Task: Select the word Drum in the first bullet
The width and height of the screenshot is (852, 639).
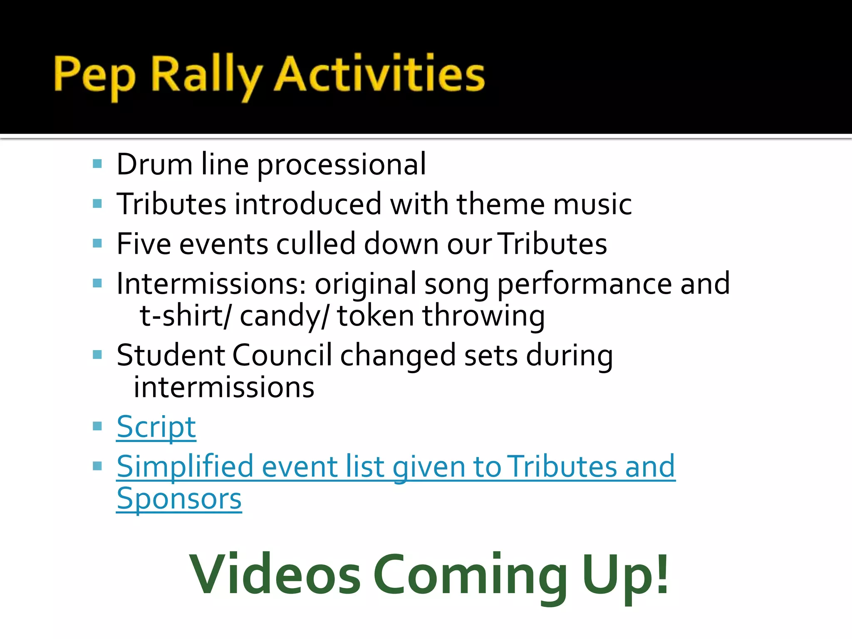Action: [x=154, y=164]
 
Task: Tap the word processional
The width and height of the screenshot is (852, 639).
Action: [x=342, y=165]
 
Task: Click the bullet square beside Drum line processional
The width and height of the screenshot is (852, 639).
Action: [x=97, y=163]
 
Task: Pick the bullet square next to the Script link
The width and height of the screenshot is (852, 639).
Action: [x=97, y=426]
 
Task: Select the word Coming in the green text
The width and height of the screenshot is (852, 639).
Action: [x=471, y=576]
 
